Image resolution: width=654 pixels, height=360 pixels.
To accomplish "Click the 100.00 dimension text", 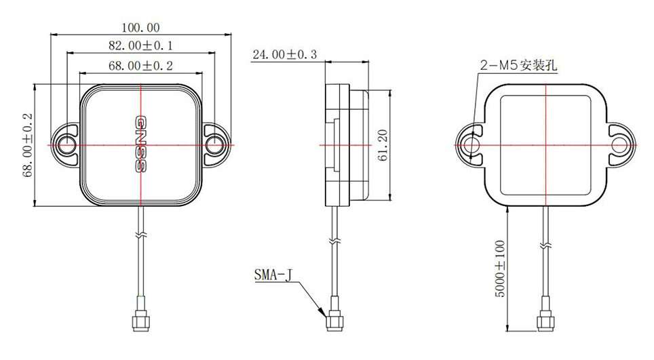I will pyautogui.click(x=140, y=28).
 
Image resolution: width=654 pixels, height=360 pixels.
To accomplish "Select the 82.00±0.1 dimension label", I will pyautogui.click(x=140, y=45).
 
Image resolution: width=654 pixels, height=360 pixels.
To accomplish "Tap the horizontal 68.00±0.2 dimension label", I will pyautogui.click(x=140, y=65).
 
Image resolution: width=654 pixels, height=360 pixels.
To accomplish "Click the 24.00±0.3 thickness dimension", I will pyautogui.click(x=285, y=54).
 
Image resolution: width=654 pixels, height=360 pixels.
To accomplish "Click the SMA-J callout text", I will pyautogui.click(x=273, y=275).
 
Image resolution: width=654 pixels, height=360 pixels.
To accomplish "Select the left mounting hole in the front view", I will pyautogui.click(x=67, y=144).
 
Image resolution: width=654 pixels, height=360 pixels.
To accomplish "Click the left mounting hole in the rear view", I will pyautogui.click(x=470, y=144).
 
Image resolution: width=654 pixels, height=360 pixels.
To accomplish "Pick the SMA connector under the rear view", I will pyautogui.click(x=545, y=319).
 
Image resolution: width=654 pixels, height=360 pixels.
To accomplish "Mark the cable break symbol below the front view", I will pyautogui.click(x=140, y=235).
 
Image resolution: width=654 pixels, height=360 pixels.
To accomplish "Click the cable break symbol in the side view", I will pyautogui.click(x=333, y=241).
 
